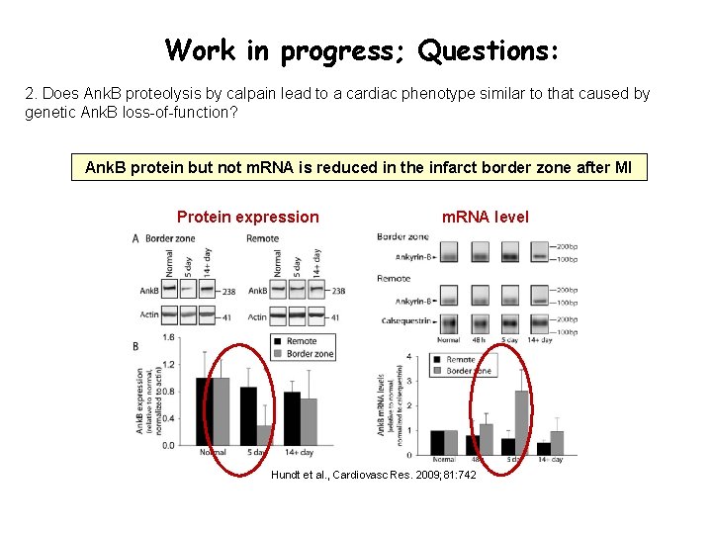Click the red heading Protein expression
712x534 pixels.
tap(247, 217)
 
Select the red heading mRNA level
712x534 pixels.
tap(485, 217)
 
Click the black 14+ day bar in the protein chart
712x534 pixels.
tap(292, 418)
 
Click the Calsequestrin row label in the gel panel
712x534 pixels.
tap(405, 319)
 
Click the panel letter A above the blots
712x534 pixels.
tap(135, 238)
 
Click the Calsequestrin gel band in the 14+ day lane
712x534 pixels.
tap(541, 320)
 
